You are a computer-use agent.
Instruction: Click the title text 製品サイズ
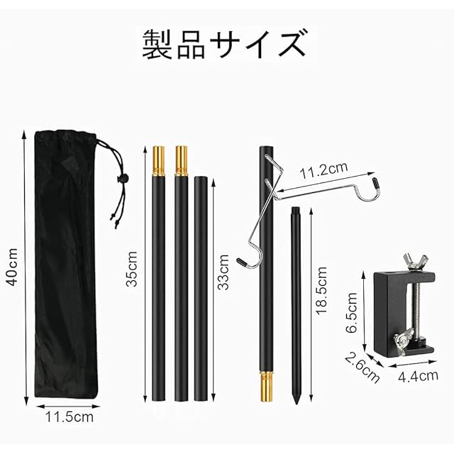(x=224, y=44)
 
